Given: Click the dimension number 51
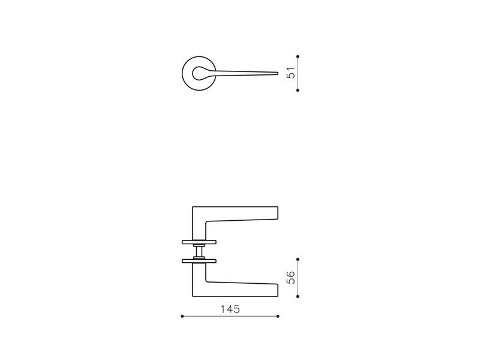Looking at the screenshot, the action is point(291,73).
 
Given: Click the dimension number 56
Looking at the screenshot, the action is point(291,278).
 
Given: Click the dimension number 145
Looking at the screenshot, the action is point(230,309).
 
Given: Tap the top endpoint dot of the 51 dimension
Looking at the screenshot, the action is point(298,56).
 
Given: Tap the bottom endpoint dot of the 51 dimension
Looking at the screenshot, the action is point(298,91).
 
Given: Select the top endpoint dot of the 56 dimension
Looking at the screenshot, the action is point(298,259).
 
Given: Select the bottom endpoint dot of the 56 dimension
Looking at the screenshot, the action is point(298,296).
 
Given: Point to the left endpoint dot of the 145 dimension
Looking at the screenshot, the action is point(182,316).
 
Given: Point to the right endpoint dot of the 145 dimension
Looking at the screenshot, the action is point(278,316).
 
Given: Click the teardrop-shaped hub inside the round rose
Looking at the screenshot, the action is point(199,73).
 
